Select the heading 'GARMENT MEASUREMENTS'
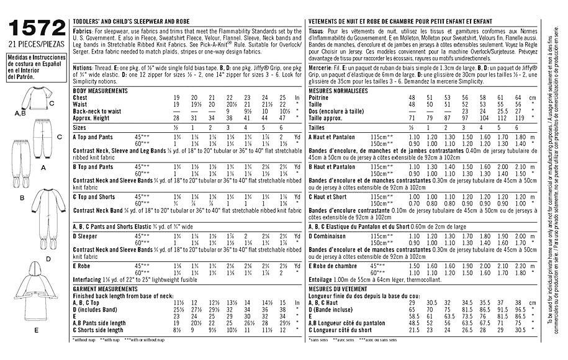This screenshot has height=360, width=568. coord(104,289)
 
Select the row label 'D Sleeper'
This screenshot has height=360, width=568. coord(86,236)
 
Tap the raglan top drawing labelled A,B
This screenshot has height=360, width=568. coord(32,100)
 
